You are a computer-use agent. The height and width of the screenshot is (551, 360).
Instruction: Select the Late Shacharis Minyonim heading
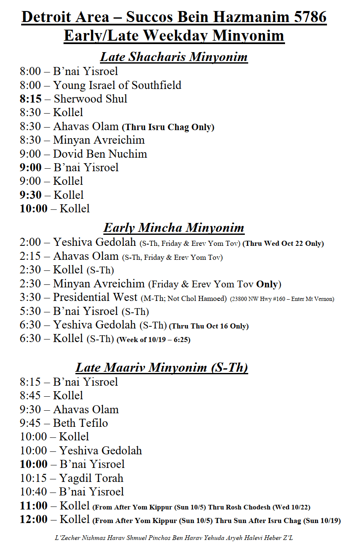(174, 57)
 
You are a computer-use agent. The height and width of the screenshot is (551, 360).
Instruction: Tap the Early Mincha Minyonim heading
(174, 228)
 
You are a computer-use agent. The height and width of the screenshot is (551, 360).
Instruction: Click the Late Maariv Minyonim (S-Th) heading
(161, 367)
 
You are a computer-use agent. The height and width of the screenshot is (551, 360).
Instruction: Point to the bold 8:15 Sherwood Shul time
(30, 99)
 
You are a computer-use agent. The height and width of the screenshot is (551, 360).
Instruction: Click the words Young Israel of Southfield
(117, 85)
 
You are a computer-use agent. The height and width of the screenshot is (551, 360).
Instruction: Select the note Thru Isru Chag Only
(168, 127)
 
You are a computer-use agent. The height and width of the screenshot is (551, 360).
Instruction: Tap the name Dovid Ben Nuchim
(100, 153)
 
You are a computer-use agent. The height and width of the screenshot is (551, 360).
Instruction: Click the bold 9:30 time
(30, 195)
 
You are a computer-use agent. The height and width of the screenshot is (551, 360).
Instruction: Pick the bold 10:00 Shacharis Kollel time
(33, 209)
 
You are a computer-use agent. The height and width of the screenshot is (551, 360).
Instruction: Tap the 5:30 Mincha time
(30, 312)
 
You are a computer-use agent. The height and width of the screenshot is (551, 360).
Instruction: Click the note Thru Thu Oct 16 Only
(209, 326)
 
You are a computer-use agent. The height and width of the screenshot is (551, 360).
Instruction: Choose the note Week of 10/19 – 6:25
(153, 340)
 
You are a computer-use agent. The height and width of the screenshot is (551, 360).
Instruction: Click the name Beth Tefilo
(80, 423)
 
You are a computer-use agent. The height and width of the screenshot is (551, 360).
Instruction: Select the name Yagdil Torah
(91, 478)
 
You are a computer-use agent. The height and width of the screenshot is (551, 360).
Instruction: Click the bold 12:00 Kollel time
(33, 519)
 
